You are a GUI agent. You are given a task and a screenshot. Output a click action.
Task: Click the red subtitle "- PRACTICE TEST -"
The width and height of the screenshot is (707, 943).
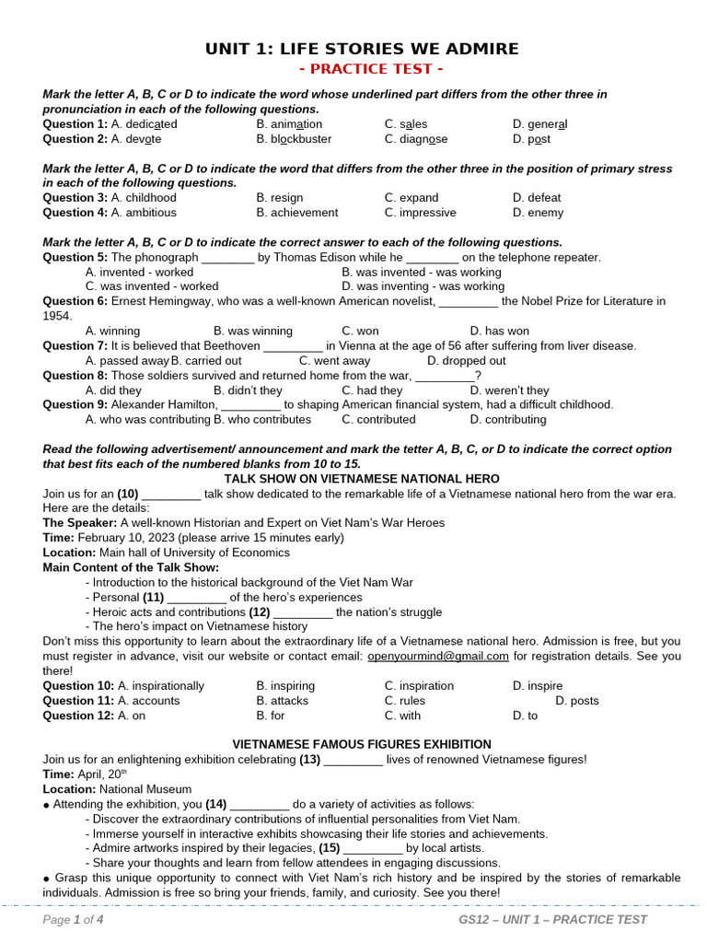click(x=361, y=69)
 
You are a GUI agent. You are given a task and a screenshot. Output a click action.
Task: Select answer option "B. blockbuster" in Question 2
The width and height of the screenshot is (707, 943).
click(x=294, y=139)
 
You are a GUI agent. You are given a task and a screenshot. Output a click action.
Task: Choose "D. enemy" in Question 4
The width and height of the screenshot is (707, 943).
click(x=537, y=213)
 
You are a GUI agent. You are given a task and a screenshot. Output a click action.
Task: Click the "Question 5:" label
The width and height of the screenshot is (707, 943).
click(x=75, y=258)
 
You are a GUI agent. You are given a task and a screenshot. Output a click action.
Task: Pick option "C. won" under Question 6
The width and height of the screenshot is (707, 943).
click(x=360, y=332)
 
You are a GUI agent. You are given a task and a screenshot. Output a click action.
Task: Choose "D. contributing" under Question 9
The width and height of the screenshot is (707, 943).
click(x=507, y=420)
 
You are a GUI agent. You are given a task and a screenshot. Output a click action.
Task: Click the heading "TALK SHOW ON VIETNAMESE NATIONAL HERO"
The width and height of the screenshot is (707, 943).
click(x=362, y=480)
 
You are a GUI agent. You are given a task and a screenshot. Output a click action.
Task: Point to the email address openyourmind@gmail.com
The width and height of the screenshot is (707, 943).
click(x=438, y=657)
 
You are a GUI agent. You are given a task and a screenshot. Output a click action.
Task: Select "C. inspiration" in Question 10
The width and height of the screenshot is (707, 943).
click(x=419, y=686)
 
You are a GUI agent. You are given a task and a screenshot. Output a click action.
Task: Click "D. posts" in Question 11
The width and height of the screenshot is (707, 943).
click(x=577, y=701)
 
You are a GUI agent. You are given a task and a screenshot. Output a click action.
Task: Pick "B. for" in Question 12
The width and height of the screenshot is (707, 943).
click(x=271, y=716)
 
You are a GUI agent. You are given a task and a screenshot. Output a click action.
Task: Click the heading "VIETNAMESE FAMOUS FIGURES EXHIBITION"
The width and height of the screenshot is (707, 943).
click(x=362, y=744)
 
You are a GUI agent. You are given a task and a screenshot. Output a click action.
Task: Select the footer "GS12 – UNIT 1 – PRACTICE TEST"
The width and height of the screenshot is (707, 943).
click(x=552, y=920)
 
